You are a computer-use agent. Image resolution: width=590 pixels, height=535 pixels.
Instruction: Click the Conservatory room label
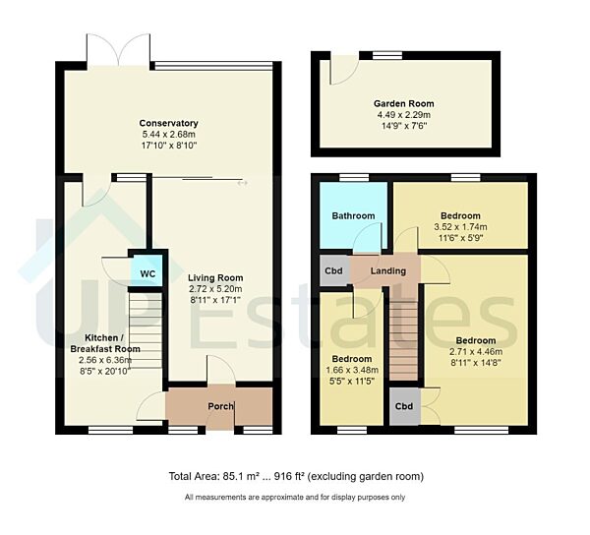(x=169, y=123)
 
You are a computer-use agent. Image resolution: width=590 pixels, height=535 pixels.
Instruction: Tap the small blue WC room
(x=147, y=272)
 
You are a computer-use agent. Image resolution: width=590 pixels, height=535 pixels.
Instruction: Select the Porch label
(x=220, y=407)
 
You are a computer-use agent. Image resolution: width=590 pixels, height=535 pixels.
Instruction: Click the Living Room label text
(x=215, y=277)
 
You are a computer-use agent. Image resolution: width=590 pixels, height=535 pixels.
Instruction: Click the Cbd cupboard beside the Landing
(x=333, y=270)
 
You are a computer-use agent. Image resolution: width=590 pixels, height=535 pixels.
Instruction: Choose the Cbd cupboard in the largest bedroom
(x=403, y=407)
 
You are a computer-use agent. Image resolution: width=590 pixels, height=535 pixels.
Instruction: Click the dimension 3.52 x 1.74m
(x=459, y=227)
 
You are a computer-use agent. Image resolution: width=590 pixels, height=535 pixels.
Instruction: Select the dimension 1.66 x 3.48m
(x=351, y=370)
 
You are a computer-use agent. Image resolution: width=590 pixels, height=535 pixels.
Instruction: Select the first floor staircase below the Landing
(x=403, y=339)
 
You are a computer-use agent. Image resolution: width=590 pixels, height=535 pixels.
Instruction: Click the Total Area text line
(x=296, y=477)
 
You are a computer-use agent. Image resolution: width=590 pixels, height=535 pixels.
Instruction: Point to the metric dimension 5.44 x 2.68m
(x=169, y=135)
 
